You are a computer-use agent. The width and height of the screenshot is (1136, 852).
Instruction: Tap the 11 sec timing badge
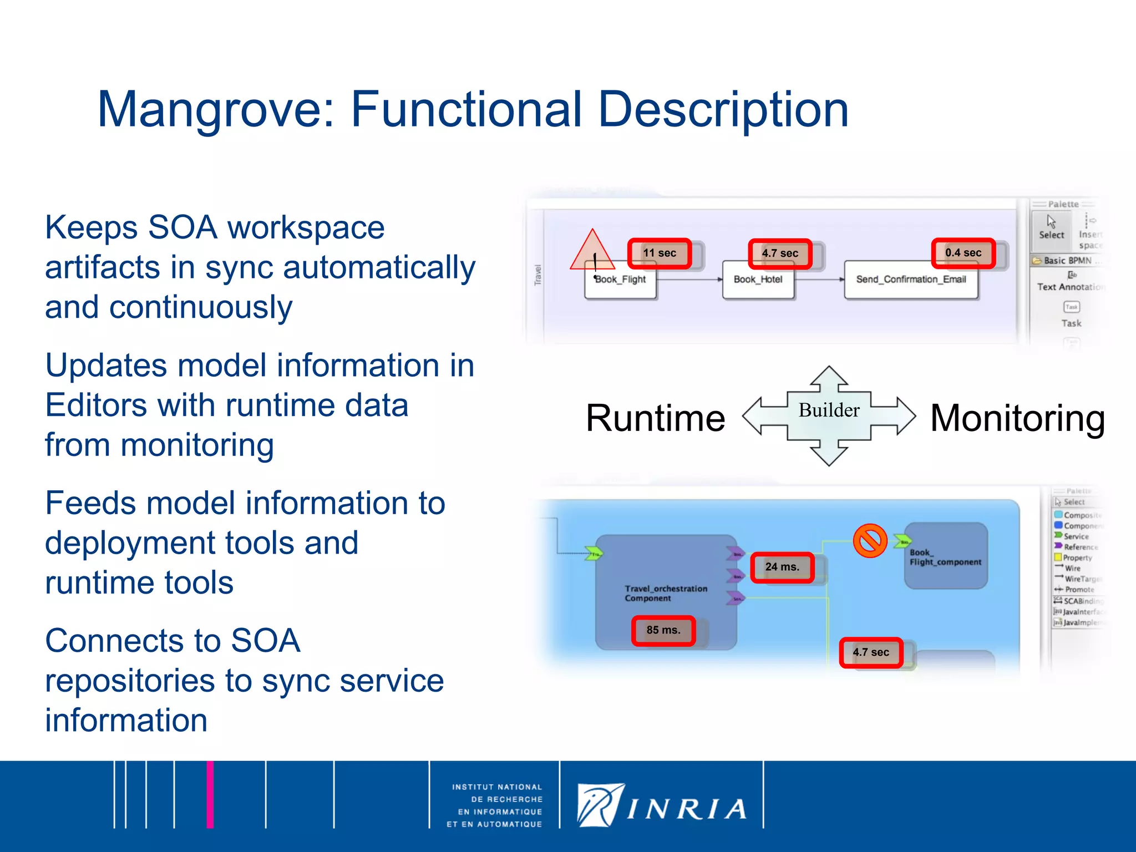coord(659,253)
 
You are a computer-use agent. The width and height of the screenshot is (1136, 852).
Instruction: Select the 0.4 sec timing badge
coord(963,253)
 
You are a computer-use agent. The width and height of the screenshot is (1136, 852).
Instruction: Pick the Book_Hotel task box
coord(758,280)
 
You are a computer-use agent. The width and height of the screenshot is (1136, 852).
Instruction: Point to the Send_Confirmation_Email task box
coord(911,280)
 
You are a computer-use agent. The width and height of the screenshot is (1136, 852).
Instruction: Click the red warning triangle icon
coord(592,253)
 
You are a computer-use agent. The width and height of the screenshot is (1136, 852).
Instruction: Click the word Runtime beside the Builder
coord(655,418)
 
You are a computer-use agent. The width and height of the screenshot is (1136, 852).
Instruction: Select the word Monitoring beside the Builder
coord(1017,418)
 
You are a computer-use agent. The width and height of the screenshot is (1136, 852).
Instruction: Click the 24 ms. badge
coord(782,567)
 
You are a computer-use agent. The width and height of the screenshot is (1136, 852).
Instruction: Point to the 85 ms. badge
coord(663,630)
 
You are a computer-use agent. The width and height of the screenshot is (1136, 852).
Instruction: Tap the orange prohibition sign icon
coord(870,541)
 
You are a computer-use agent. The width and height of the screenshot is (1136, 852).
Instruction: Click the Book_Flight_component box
coord(946,556)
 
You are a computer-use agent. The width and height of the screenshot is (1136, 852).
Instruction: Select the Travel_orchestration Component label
coord(665,593)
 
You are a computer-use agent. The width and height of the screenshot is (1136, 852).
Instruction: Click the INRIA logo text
coord(687,809)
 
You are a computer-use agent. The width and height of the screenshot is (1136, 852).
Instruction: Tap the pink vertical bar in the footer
coord(210,794)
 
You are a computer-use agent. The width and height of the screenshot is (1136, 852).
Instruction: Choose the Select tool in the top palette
coord(1051,227)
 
